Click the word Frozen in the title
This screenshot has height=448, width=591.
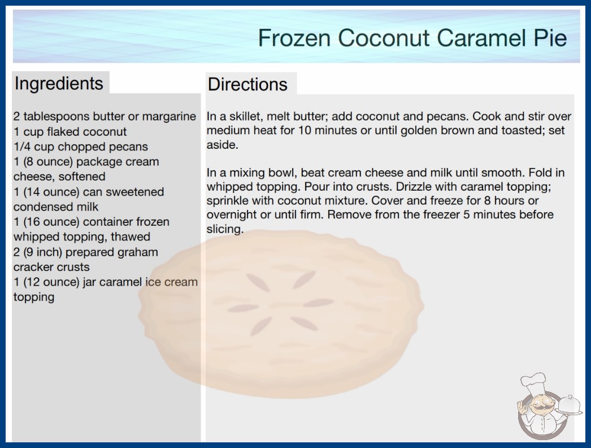[x=294, y=38]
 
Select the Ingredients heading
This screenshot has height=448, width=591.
[x=59, y=84]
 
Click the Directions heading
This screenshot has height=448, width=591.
[x=247, y=84]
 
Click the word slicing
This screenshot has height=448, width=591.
[x=225, y=229]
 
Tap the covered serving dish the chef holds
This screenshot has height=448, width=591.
[x=569, y=406]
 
